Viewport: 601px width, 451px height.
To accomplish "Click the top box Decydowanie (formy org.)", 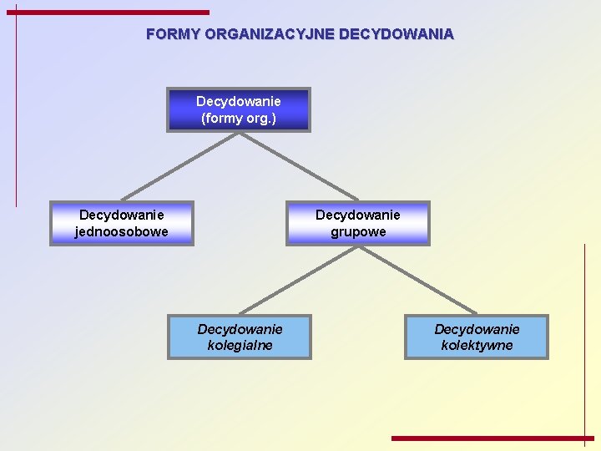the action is click(x=239, y=109).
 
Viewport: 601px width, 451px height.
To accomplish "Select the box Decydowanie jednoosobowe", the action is click(x=122, y=223).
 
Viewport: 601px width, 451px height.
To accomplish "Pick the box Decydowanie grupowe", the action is click(x=358, y=223).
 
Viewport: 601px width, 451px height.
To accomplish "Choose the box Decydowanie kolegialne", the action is click(x=240, y=337).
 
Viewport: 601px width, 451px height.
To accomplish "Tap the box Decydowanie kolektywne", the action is click(x=477, y=337).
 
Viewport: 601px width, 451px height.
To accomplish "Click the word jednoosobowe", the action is click(x=122, y=231).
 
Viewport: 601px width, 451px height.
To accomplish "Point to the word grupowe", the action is click(x=358, y=231).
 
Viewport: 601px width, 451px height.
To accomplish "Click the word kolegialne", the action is click(x=240, y=345).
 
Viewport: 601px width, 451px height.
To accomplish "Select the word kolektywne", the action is click(x=477, y=345).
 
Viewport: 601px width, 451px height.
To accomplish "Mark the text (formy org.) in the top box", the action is click(x=239, y=118).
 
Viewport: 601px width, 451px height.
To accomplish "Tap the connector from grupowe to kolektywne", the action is click(x=417, y=280).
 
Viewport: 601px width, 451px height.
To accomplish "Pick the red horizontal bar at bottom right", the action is click(x=492, y=438).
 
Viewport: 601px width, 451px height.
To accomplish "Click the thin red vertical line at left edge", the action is click(x=16, y=109).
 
